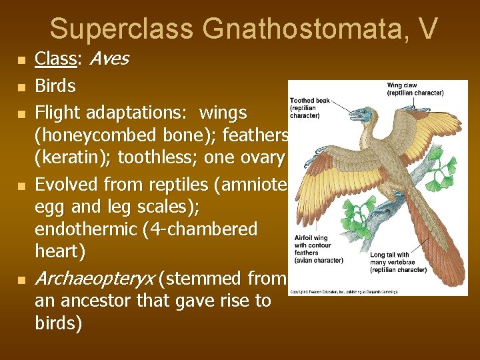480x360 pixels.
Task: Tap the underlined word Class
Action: (x=55, y=59)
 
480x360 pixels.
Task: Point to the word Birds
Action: (x=55, y=86)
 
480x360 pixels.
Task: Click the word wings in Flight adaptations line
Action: (x=223, y=112)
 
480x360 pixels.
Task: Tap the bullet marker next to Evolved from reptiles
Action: (x=22, y=185)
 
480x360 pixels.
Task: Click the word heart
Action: (x=59, y=252)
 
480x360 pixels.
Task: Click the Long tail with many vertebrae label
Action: (x=398, y=262)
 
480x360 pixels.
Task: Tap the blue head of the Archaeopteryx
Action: (x=361, y=115)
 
